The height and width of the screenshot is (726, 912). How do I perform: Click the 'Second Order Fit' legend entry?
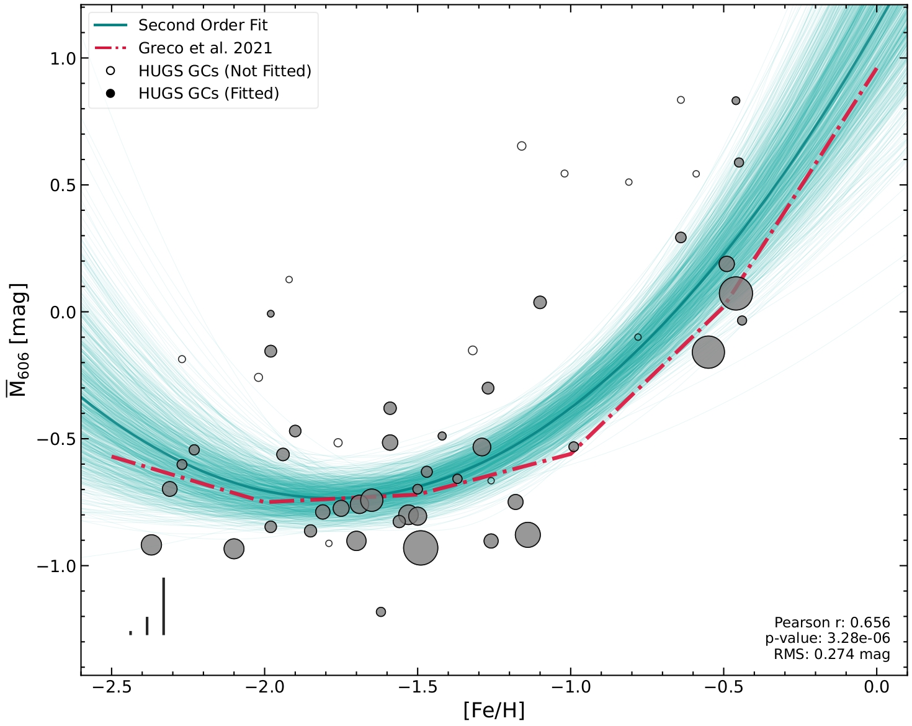tap(203, 25)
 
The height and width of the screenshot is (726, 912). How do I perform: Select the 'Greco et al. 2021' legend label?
tap(205, 48)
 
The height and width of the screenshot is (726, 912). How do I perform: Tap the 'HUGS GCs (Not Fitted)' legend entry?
tap(225, 71)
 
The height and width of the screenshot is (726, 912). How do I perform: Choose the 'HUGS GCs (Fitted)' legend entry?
tap(208, 94)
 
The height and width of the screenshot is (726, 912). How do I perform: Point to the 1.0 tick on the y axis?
tap(62, 58)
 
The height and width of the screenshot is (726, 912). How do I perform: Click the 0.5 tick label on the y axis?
tap(62, 186)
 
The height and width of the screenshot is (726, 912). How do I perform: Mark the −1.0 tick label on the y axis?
tap(57, 566)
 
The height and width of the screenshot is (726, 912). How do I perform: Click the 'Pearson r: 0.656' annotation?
tap(832, 622)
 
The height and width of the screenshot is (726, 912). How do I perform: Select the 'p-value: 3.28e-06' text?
tap(828, 639)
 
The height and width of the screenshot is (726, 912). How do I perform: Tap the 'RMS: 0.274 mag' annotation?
tap(831, 654)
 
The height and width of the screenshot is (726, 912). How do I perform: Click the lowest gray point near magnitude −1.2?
tap(381, 612)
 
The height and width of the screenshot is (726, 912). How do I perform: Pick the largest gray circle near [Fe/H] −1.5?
tap(421, 548)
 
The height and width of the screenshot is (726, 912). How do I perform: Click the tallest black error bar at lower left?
tap(163, 606)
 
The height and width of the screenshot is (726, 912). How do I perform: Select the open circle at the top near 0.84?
tap(681, 100)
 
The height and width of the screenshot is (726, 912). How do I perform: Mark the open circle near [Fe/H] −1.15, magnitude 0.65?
tap(522, 146)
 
